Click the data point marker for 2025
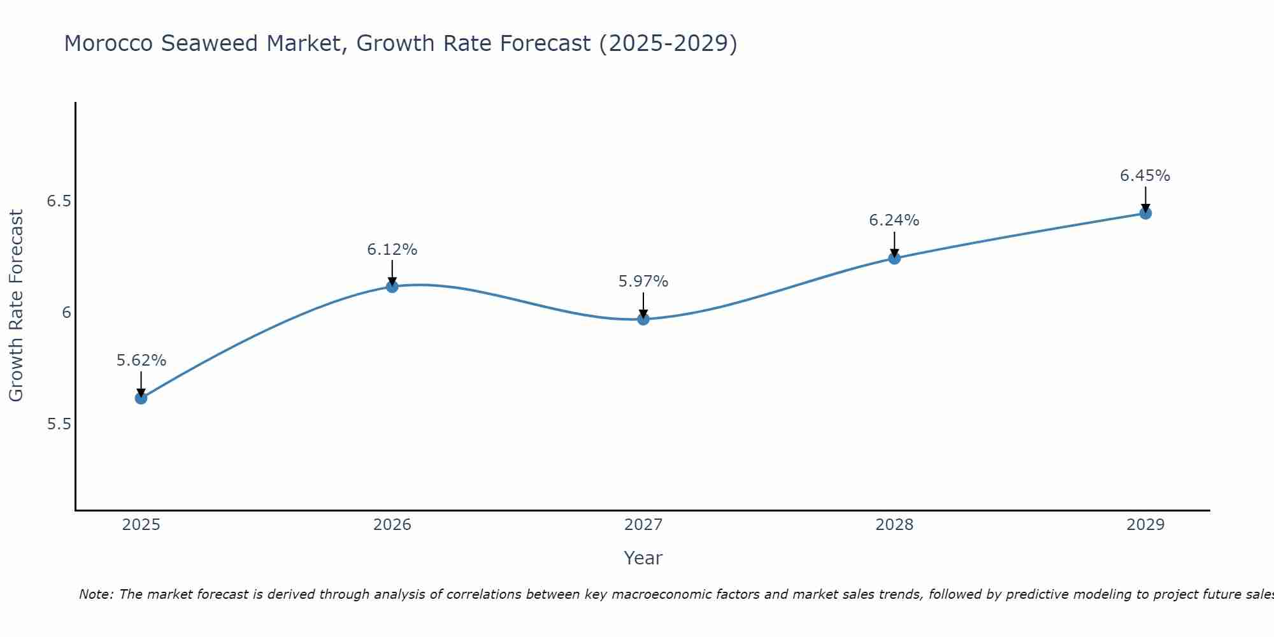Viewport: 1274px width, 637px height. point(141,398)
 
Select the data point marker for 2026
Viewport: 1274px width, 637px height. point(392,287)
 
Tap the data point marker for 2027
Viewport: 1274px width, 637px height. point(643,319)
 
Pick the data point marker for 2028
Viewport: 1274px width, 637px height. point(894,258)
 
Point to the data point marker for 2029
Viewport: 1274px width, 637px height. point(1145,213)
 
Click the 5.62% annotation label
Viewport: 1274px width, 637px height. point(141,361)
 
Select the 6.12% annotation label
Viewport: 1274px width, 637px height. point(392,250)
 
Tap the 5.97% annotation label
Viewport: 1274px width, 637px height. point(643,282)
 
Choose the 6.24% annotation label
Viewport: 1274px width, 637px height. point(894,220)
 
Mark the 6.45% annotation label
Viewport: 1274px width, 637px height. point(1145,176)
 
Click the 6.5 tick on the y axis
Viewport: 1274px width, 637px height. point(59,201)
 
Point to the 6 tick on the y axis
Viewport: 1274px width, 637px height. point(66,313)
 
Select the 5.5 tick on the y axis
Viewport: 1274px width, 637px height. point(59,424)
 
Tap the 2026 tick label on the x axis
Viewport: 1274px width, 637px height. point(392,525)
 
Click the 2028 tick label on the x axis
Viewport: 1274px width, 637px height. point(894,525)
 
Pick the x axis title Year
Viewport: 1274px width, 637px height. point(643,558)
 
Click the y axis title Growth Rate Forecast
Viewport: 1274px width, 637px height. point(17,306)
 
